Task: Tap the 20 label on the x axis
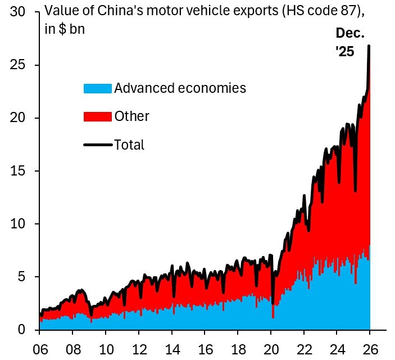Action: coord(271,348)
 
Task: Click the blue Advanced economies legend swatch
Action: coord(97,88)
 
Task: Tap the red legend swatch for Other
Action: coord(97,116)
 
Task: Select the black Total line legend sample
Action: coord(97,145)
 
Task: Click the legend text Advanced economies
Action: coord(180,88)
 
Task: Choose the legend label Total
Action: coord(129,145)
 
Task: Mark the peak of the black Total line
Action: coord(369,46)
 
